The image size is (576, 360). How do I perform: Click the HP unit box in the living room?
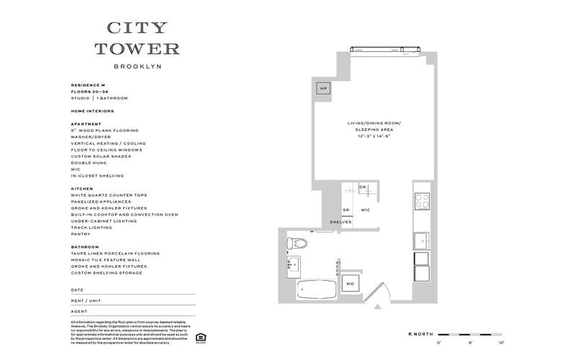(x=323, y=89)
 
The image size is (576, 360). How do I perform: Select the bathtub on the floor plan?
(x=315, y=289)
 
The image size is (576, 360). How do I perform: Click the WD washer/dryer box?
(x=351, y=283)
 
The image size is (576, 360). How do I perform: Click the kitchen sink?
(x=420, y=240)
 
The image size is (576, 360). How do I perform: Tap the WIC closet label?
(x=365, y=210)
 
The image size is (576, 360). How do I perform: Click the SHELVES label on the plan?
(x=341, y=222)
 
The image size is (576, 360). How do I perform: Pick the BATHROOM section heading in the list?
(x=85, y=247)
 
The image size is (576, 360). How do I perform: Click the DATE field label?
(x=77, y=289)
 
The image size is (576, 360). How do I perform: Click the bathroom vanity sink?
(x=294, y=264)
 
